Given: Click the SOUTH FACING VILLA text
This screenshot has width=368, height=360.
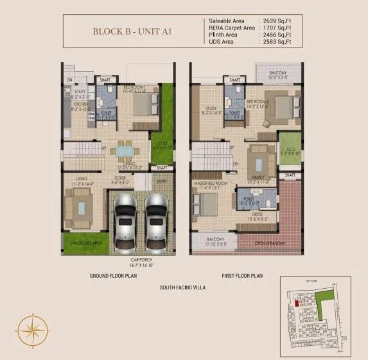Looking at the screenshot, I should (x=182, y=288).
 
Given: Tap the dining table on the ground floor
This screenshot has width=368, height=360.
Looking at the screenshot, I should (x=121, y=151).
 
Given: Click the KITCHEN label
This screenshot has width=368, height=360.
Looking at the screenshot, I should (x=81, y=104).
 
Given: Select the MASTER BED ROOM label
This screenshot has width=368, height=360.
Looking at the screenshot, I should (x=211, y=184).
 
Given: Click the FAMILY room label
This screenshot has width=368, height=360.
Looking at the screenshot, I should (x=261, y=178).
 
